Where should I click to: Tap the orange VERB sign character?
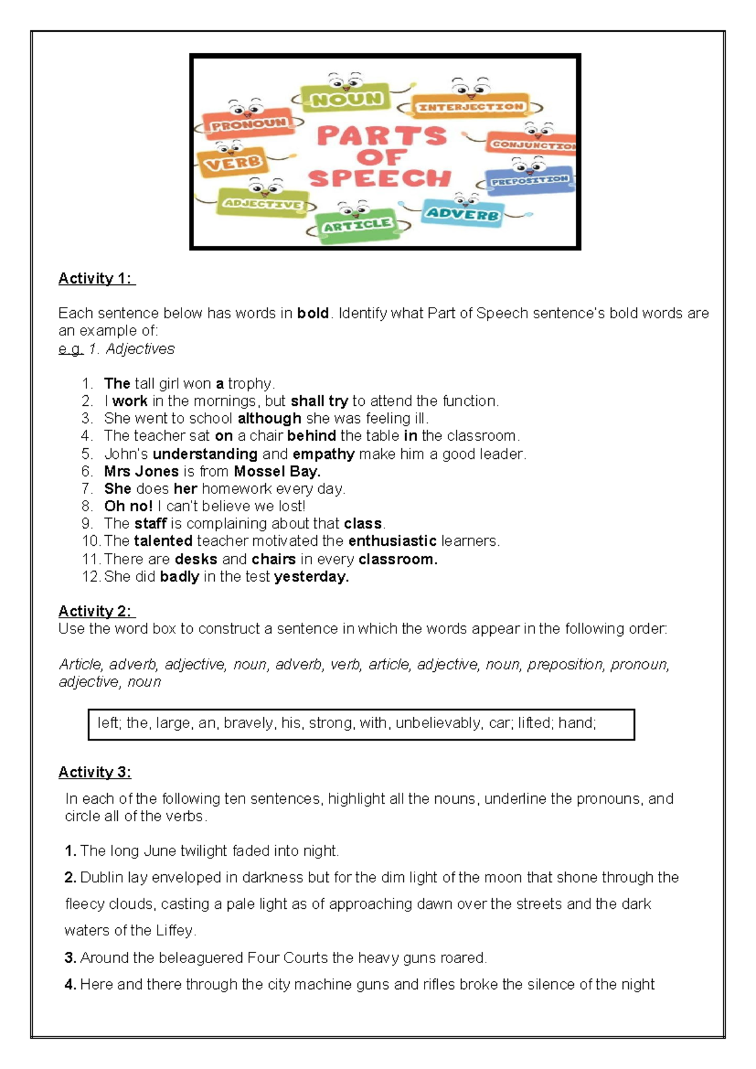[x=232, y=163]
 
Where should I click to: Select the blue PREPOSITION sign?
[x=530, y=180]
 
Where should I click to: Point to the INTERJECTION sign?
[x=471, y=107]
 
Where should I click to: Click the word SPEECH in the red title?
[x=380, y=178]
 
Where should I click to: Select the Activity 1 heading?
[x=96, y=279]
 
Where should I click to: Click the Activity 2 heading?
[x=96, y=611]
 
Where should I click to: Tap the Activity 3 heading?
[x=94, y=772]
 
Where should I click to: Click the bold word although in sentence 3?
[x=269, y=419]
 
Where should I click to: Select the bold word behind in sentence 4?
[x=311, y=436]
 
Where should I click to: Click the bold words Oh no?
[x=129, y=506]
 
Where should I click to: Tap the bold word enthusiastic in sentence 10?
[x=392, y=541]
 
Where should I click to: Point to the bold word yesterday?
[x=311, y=577]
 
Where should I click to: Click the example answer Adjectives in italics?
[x=140, y=349]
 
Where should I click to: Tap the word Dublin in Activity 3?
[x=101, y=877]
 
